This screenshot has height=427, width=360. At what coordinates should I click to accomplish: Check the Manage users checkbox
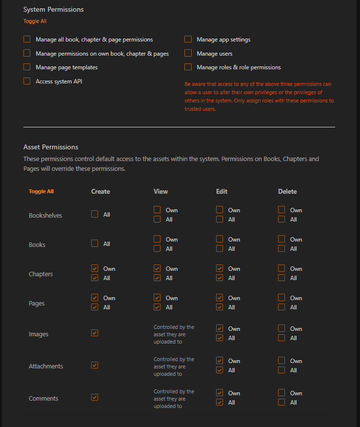188,53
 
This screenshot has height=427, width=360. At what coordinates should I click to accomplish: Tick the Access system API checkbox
27,81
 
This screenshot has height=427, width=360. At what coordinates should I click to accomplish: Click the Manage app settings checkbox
188,39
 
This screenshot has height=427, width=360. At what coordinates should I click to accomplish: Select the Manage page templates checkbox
27,67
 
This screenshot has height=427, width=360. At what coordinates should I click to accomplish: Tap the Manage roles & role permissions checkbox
188,67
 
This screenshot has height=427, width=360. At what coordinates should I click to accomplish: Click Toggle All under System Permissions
35,21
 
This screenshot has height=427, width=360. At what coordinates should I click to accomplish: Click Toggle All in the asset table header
41,191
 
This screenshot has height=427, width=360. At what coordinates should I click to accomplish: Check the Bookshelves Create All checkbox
95,214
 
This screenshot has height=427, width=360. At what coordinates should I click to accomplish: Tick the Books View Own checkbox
157,239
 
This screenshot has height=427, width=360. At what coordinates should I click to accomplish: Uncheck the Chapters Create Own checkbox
95,268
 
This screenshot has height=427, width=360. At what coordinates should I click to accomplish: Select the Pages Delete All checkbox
281,307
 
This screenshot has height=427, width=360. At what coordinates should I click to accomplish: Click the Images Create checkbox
95,333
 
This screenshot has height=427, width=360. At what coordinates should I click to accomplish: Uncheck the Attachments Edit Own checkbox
220,361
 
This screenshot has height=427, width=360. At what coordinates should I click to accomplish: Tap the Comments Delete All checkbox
281,402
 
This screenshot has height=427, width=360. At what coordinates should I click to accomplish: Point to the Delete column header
287,191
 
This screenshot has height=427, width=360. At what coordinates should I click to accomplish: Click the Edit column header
221,191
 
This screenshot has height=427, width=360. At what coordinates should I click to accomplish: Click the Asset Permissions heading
51,147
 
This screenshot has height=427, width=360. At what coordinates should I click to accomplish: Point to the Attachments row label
46,366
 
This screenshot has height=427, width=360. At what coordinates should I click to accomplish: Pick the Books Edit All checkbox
220,248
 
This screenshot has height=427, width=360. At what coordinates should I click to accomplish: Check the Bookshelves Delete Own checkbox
281,210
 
